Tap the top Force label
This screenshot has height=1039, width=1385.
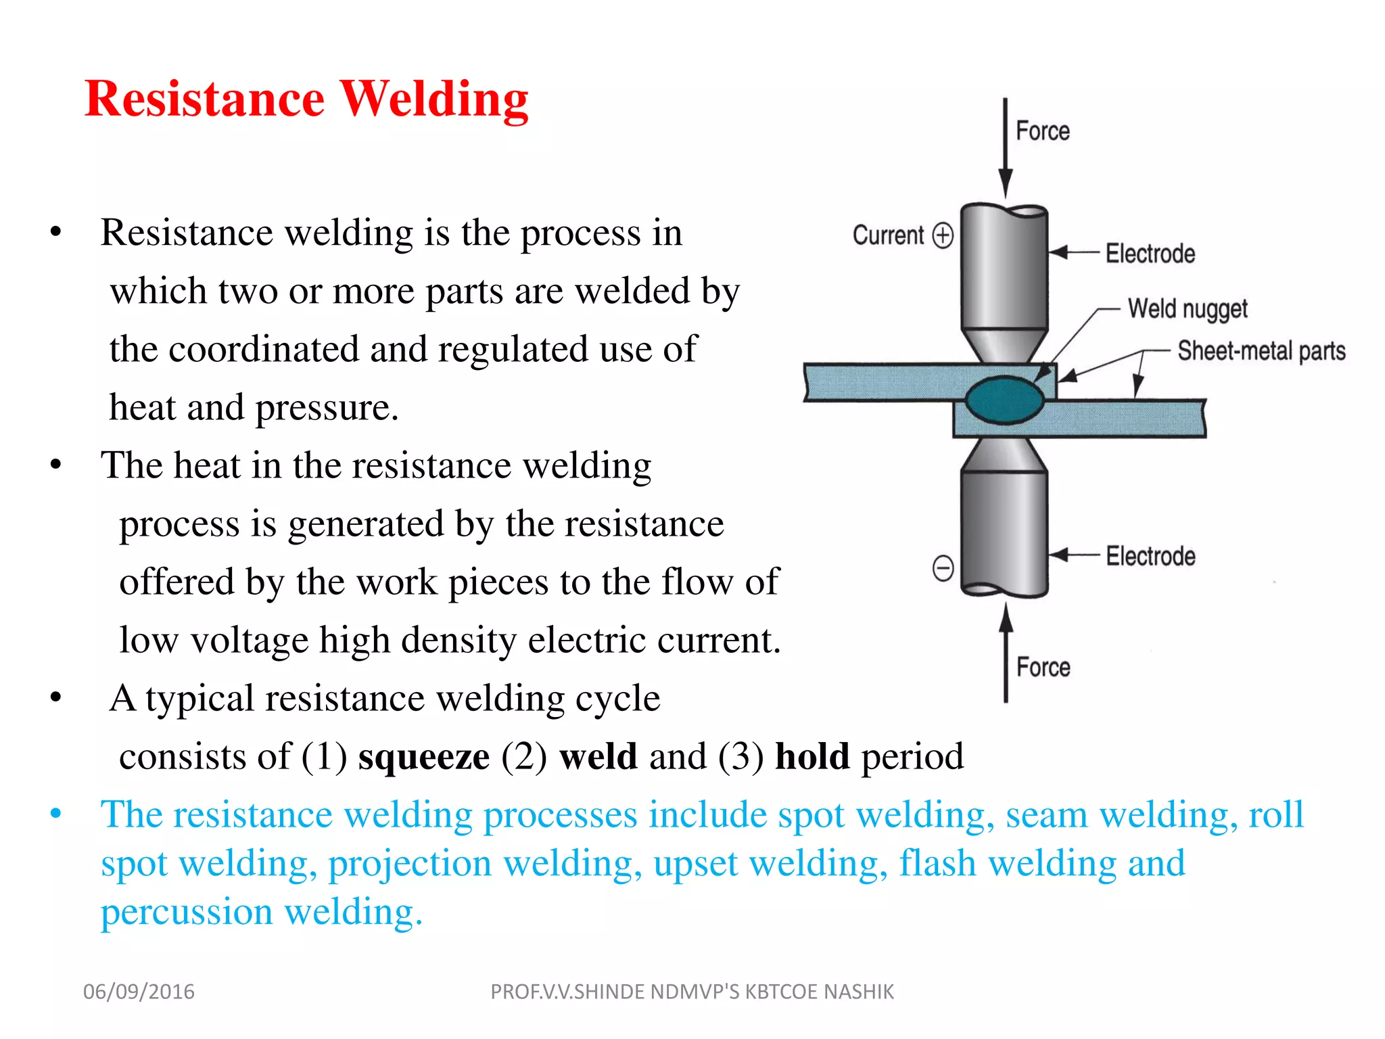tap(1042, 131)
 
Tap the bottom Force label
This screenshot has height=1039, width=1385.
tap(1043, 667)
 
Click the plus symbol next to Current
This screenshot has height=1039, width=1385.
tap(943, 235)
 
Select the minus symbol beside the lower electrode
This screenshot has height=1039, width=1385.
tap(943, 568)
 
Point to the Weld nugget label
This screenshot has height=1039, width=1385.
tap(1187, 308)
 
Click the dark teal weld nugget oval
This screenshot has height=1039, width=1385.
tap(1004, 400)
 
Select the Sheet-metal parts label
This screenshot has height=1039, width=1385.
tap(1261, 351)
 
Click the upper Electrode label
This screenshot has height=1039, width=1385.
tap(1150, 254)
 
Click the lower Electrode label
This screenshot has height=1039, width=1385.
tap(1150, 556)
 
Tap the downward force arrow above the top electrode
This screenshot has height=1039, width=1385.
tap(1005, 149)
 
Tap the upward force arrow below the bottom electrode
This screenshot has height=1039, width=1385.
tap(1006, 653)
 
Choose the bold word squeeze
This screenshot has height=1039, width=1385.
tap(424, 756)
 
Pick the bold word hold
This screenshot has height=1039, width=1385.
tap(812, 756)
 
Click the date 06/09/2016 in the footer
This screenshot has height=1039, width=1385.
tap(139, 992)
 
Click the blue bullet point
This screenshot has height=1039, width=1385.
tap(55, 814)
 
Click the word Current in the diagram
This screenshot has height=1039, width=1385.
tap(887, 235)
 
